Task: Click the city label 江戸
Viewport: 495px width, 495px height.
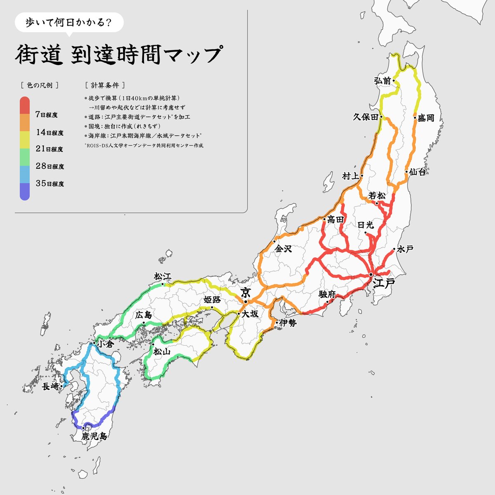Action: click(384, 283)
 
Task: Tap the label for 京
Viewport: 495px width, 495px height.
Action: click(246, 293)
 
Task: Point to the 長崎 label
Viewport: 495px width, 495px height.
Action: click(50, 387)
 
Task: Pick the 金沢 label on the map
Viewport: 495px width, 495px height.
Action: click(284, 249)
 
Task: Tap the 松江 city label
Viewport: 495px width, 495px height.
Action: click(162, 276)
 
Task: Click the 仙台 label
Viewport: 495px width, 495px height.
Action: click(417, 172)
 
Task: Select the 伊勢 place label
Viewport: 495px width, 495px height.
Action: click(288, 323)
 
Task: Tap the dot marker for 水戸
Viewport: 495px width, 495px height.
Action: click(394, 249)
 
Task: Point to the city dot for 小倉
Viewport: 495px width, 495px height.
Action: click(94, 343)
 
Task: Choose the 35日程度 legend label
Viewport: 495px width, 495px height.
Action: click(49, 184)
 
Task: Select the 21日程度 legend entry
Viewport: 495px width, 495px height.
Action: click(49, 149)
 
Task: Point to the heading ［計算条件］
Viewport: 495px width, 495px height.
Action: click(104, 85)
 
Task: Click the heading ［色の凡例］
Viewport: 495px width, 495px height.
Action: click(39, 85)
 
